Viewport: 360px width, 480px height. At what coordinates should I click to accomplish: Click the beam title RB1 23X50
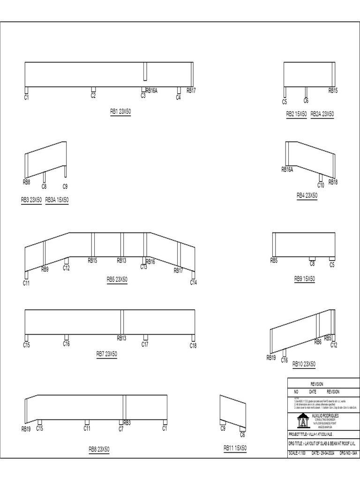pos(120,112)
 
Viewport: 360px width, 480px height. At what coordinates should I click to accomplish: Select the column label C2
pos(93,96)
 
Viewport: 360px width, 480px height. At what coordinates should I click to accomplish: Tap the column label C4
pos(178,97)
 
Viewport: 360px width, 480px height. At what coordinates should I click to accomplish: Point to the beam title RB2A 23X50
pos(322,114)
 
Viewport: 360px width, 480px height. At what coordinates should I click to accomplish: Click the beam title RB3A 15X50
pos(57,200)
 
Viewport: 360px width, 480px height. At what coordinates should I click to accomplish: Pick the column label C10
pos(321,185)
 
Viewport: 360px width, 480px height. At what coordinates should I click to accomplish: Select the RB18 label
pos(333,182)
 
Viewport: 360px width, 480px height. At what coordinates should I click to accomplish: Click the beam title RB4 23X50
pos(307,195)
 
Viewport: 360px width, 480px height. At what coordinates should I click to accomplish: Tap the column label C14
pos(194,283)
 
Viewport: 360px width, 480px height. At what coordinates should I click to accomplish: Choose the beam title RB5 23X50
pos(117,279)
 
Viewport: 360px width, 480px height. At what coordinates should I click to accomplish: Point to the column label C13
pos(144,267)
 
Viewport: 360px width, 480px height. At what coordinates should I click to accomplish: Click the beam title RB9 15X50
pos(304,278)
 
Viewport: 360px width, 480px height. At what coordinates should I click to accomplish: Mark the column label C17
pos(145,345)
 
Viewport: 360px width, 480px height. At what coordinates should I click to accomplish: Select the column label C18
pos(193,345)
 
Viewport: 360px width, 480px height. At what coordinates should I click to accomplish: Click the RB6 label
pos(318,342)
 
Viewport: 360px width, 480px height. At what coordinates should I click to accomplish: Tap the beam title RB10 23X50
pos(304,364)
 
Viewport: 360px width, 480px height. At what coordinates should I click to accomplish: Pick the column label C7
pos(121,428)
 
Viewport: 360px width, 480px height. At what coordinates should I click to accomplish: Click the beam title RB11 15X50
pos(235,449)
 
